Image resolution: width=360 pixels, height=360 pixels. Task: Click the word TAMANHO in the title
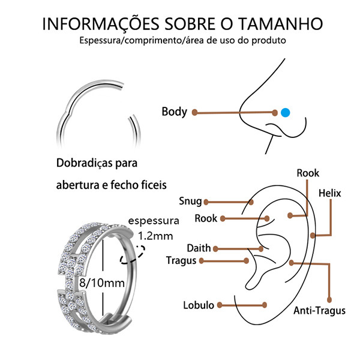click(280, 23)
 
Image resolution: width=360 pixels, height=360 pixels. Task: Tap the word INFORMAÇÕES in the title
click(101, 23)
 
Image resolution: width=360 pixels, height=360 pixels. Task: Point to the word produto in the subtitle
click(269, 41)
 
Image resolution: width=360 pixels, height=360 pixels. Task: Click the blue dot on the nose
click(285, 113)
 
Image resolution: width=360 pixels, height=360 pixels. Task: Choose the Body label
click(175, 112)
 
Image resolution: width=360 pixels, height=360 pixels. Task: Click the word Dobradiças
click(84, 163)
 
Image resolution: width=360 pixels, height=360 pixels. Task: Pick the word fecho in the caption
click(124, 185)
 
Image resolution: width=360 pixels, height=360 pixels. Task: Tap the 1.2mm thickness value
click(155, 236)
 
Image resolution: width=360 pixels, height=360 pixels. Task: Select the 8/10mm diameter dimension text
click(102, 283)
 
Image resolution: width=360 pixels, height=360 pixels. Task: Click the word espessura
click(154, 221)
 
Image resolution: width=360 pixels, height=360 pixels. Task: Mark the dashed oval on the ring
click(133, 255)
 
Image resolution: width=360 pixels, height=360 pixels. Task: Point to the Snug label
click(190, 201)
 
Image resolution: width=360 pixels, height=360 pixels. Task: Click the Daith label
click(199, 248)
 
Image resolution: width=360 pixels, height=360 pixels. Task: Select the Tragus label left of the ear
click(181, 261)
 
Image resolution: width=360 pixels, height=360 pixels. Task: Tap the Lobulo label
click(199, 305)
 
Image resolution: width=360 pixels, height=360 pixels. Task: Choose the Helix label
click(329, 193)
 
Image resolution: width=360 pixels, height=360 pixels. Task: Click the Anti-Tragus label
click(320, 311)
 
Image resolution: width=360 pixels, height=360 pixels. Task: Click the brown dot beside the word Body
click(194, 113)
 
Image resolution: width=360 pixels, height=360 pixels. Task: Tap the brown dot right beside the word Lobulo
click(220, 305)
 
